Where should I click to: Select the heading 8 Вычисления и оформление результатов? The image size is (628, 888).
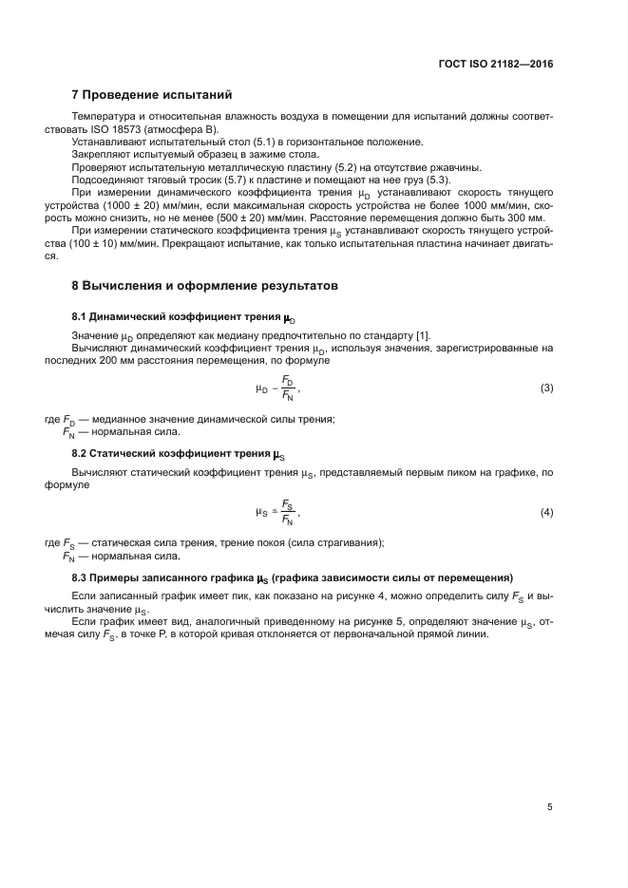203,285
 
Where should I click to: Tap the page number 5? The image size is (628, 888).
549,806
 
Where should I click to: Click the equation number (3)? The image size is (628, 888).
546,388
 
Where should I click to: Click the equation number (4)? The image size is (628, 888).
546,513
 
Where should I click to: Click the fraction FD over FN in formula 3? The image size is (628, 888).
288,387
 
